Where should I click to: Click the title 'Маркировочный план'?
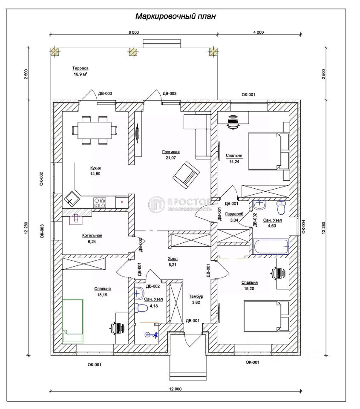[175, 16]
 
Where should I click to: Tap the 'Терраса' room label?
[81, 68]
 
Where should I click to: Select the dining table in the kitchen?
[95, 130]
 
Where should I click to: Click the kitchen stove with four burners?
[100, 203]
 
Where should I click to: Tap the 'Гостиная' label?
[171, 152]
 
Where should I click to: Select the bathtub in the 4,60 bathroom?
[271, 247]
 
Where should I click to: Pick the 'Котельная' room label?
[92, 236]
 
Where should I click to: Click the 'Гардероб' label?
[234, 214]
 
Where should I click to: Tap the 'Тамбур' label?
[196, 297]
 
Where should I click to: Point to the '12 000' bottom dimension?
[175, 389]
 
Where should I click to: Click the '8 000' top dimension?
[134, 32]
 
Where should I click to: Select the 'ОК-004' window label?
[303, 226]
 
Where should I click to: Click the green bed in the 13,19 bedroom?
[73, 321]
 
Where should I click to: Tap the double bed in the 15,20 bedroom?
[266, 316]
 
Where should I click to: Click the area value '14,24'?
[234, 161]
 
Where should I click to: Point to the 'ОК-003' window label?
[42, 231]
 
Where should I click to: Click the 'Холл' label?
[173, 259]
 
